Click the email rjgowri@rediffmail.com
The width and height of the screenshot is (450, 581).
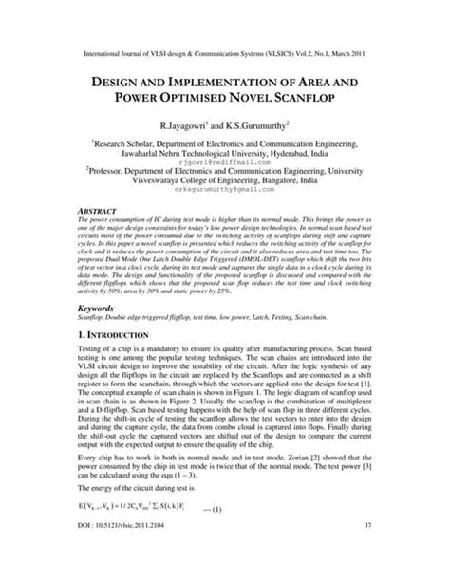[x=224, y=162]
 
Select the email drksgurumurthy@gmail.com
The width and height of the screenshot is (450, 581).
[x=224, y=190]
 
